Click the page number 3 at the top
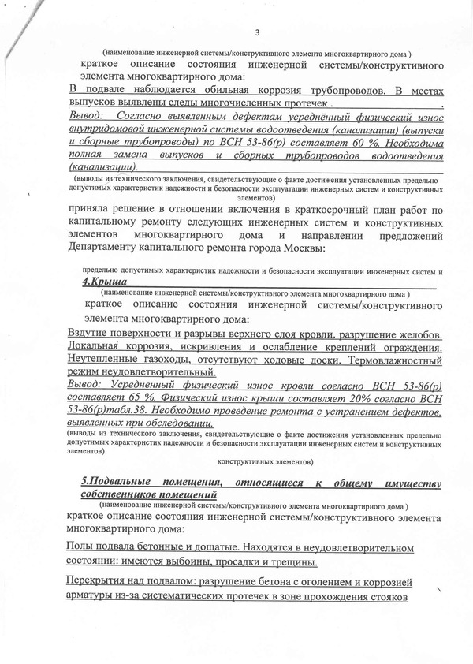click(258, 32)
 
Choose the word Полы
click(82, 546)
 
